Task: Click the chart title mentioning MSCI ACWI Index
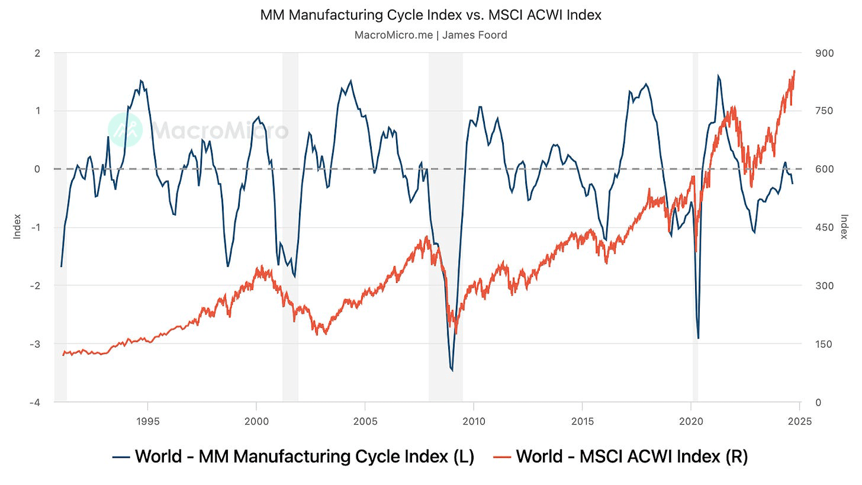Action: [x=430, y=15]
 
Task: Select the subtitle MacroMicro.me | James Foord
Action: [x=430, y=35]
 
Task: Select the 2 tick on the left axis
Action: [x=37, y=53]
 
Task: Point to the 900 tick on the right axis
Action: [x=825, y=53]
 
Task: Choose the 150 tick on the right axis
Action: [x=825, y=344]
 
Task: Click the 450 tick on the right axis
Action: [x=825, y=227]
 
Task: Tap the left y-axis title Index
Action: [x=17, y=227]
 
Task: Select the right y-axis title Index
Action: [x=844, y=227]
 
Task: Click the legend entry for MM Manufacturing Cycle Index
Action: [x=294, y=457]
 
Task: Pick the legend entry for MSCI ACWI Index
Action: [x=621, y=457]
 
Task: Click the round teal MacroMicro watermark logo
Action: [x=125, y=130]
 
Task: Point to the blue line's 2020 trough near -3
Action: [x=698, y=338]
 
